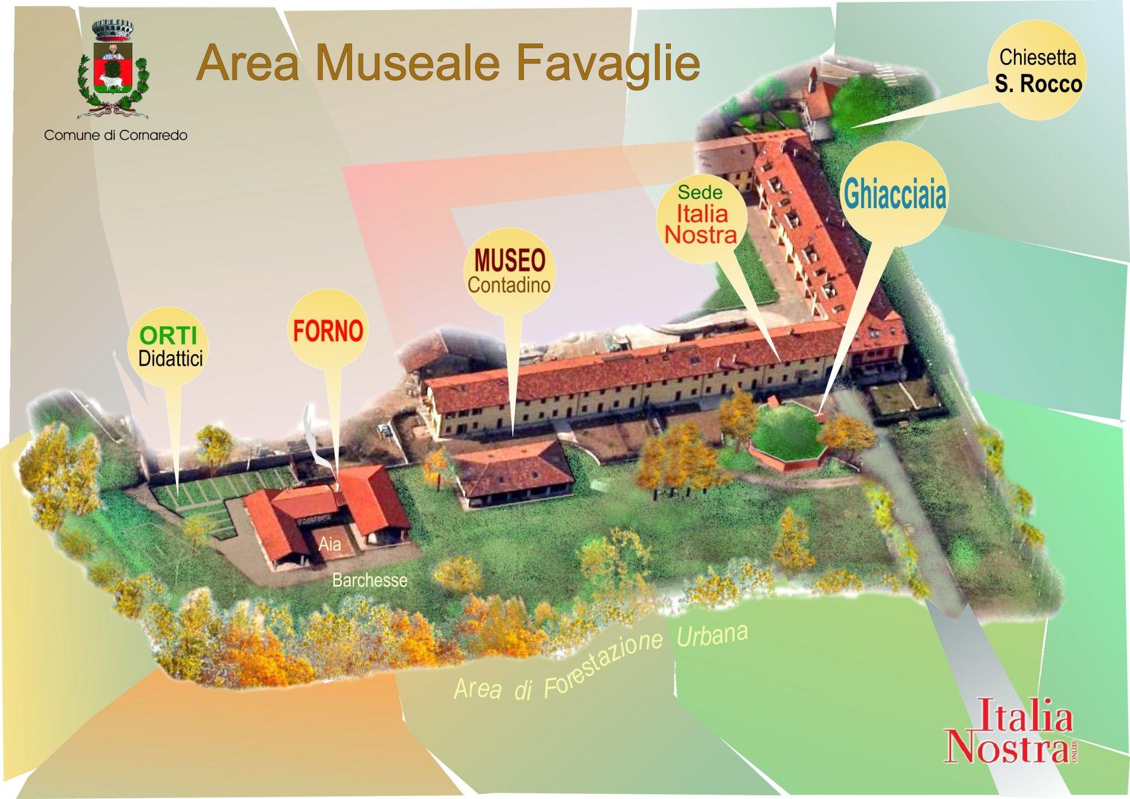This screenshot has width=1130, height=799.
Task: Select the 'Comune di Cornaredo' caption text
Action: (x=116, y=136)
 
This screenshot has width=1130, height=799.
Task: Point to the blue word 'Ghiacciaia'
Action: (x=893, y=195)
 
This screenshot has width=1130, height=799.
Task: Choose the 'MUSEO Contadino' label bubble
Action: (x=508, y=271)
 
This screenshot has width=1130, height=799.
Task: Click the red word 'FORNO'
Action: (x=328, y=331)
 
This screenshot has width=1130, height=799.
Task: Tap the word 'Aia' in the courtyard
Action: (x=329, y=544)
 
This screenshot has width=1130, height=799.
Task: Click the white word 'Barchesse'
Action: (x=369, y=579)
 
